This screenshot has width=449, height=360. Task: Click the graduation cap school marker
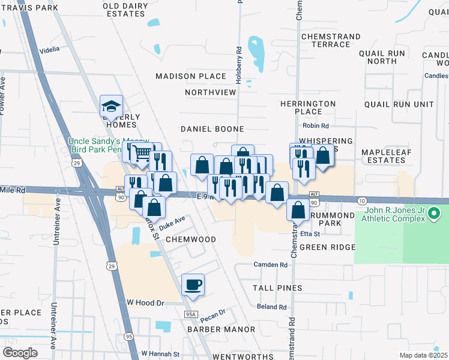pos(111,106)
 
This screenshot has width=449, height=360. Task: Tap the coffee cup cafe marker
pos(193,285)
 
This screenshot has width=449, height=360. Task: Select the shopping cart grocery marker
pos(142,154)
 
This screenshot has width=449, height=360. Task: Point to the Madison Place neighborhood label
pos(191,76)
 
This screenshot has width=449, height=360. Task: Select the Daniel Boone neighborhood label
pos(212,129)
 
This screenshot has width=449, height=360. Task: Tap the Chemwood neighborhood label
pos(190,239)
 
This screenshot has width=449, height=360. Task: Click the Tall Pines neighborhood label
pos(277,288)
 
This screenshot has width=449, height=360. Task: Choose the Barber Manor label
pos(212,329)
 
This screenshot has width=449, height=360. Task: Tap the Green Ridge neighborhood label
pos(327,247)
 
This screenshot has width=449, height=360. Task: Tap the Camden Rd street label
pos(271,265)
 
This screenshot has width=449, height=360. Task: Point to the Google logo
pos(20,353)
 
